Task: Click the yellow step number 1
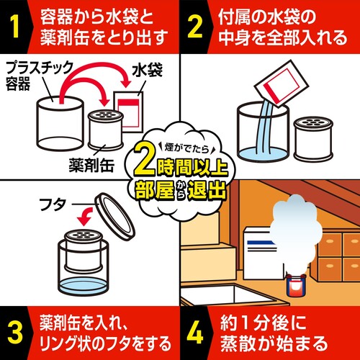tap(15, 27)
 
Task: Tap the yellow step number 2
tap(195, 27)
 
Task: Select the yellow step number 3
tap(15, 333)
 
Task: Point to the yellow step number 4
tap(195, 333)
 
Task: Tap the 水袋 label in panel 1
tap(147, 70)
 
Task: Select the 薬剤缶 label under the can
tap(91, 165)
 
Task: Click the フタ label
tap(53, 204)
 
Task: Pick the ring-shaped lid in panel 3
tap(115, 215)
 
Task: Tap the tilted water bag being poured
tap(279, 84)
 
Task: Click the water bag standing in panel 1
tap(129, 112)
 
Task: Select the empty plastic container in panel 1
tap(60, 123)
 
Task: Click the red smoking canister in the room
tap(295, 286)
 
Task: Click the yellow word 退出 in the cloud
tap(207, 191)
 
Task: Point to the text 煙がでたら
tap(186, 148)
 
